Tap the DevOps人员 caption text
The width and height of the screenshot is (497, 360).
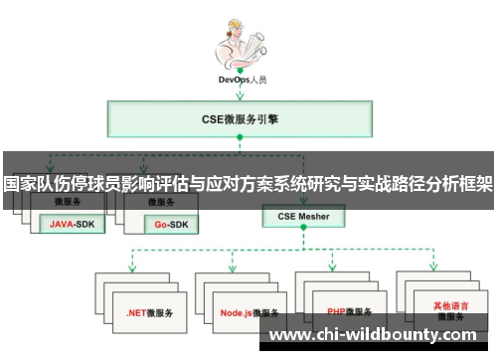point(243,79)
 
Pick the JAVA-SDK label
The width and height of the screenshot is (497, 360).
point(73,225)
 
